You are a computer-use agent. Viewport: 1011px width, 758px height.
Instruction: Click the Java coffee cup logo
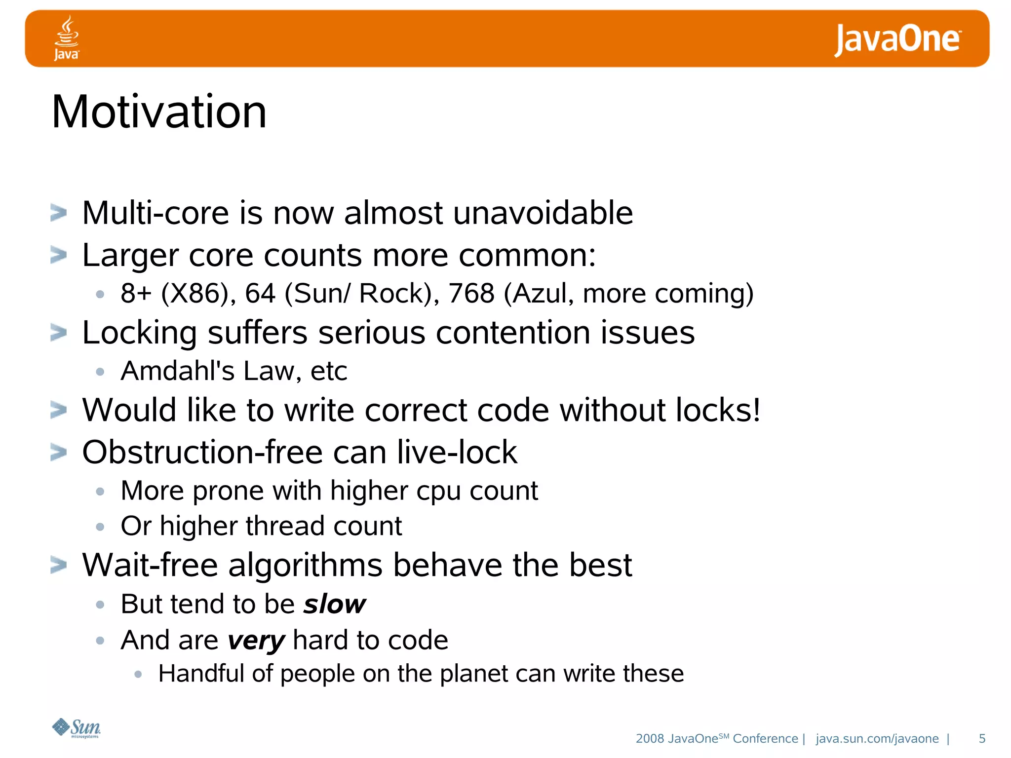coord(67,38)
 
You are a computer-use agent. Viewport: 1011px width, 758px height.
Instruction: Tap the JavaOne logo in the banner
coord(897,39)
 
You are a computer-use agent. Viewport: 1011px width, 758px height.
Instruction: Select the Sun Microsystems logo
coord(77,728)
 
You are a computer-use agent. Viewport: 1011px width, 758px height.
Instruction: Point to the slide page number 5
coord(982,738)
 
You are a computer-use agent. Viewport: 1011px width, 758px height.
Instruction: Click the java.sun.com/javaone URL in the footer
coord(877,738)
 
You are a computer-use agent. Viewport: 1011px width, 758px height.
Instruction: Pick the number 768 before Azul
coord(471,293)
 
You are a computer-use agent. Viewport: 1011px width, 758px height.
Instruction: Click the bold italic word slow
coord(335,604)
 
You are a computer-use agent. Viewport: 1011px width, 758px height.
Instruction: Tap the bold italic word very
coord(256,641)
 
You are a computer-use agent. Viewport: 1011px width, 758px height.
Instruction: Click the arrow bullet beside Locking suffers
coord(59,333)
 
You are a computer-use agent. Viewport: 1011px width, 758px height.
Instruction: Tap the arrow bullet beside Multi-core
coord(59,213)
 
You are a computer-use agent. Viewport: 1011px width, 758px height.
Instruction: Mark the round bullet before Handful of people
coord(138,674)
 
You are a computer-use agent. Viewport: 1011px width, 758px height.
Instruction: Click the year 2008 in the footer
coord(650,738)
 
